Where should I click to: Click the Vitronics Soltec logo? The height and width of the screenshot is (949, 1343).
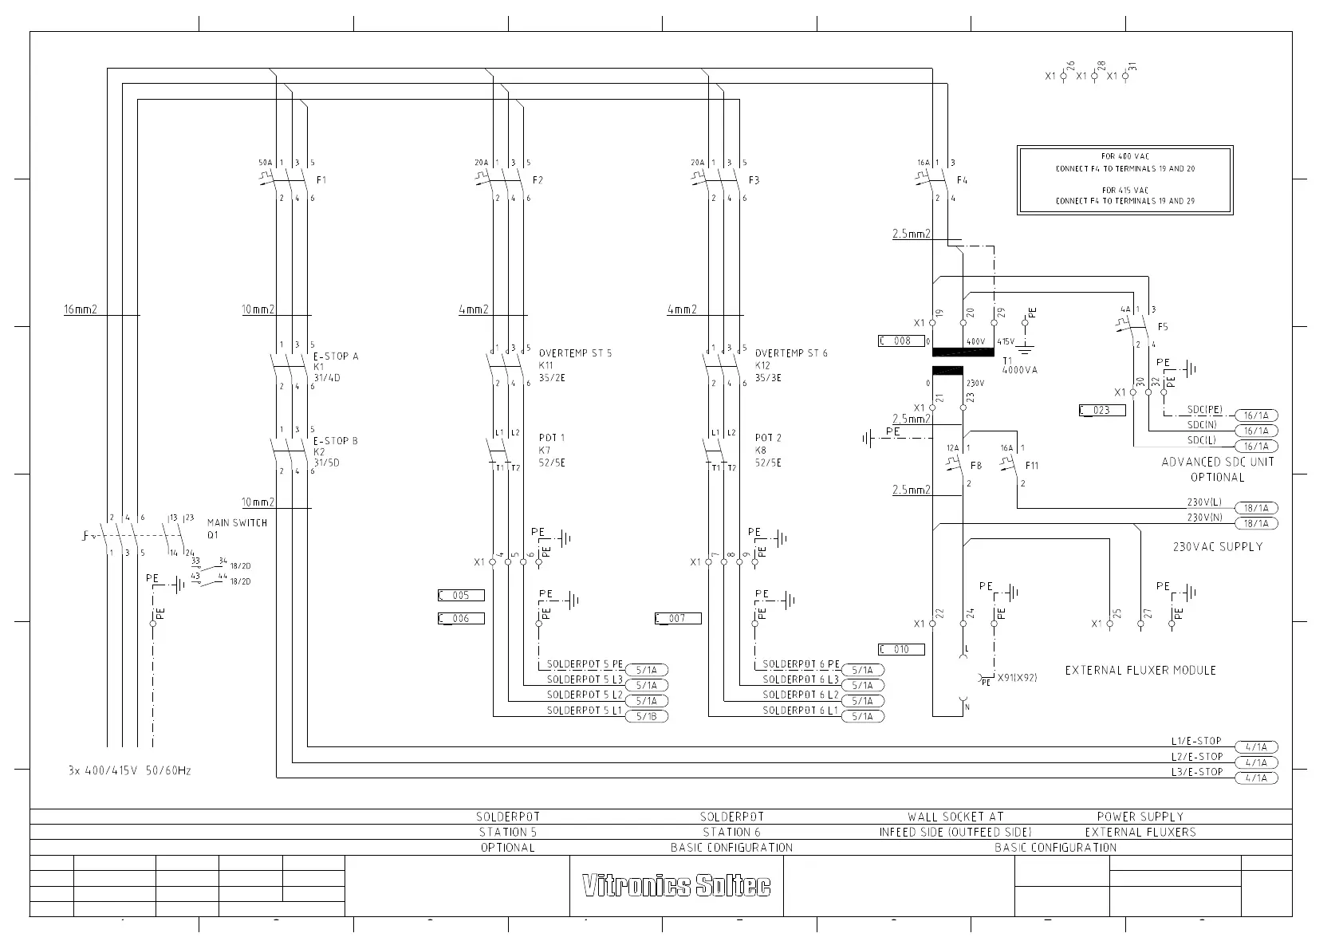[676, 886]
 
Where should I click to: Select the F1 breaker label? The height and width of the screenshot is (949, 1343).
[321, 180]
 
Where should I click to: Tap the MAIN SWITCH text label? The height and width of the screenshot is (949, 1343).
[237, 523]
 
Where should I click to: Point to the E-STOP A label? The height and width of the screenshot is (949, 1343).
[336, 356]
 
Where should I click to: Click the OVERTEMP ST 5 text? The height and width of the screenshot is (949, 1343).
[575, 353]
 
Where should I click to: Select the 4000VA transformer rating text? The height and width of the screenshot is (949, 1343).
[1019, 370]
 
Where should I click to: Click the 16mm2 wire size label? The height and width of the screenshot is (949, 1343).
[81, 309]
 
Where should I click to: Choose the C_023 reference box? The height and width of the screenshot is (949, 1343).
[1101, 411]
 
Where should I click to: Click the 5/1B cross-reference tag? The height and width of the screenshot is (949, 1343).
[647, 716]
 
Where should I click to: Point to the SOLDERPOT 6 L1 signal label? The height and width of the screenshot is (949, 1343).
[800, 710]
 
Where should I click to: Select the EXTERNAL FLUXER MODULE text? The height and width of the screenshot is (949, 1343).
[1140, 671]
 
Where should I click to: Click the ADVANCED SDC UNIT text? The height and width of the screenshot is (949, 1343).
[1218, 462]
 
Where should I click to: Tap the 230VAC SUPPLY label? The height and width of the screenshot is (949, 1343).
[1217, 547]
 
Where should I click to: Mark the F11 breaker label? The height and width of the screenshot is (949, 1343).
[1032, 466]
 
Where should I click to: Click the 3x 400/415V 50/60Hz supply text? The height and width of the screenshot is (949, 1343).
[129, 771]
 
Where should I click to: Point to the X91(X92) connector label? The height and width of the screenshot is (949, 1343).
[1017, 678]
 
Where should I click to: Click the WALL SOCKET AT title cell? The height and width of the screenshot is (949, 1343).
[955, 817]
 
